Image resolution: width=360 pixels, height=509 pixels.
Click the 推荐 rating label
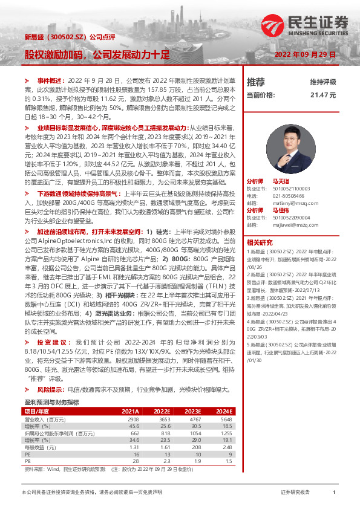pyautogui.click(x=256, y=82)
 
